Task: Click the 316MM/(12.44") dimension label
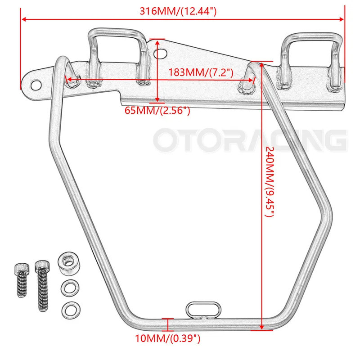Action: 178,11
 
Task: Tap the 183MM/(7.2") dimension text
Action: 201,72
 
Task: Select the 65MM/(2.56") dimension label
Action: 157,110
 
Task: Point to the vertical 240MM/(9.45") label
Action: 270,181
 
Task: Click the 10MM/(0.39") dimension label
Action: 167,338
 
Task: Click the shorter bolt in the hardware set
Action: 22,280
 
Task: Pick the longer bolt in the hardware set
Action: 42,286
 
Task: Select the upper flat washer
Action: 70,288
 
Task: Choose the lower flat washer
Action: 71,310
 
